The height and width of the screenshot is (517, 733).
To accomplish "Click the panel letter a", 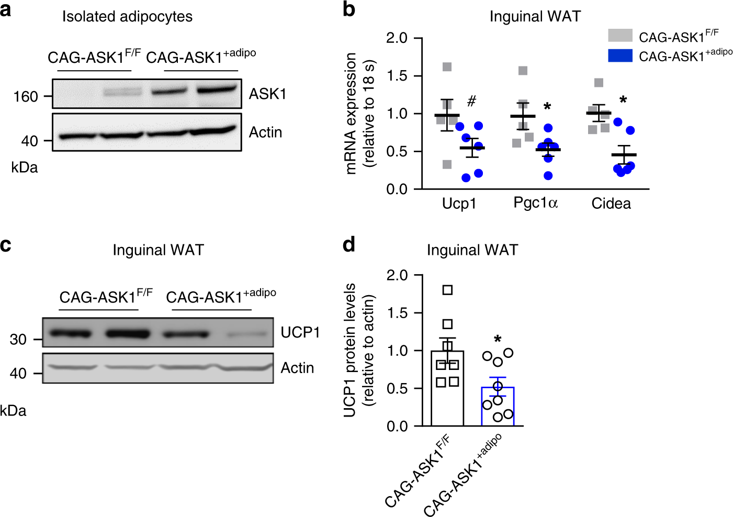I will (6, 10).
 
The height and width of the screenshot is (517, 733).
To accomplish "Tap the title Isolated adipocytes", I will (127, 17).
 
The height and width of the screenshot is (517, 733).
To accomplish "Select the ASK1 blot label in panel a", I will (267, 94).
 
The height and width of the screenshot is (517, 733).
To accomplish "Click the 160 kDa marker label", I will (26, 97).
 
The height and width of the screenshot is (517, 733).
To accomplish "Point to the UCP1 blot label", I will (300, 332).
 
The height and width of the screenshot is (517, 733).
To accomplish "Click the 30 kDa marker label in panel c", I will (18, 340).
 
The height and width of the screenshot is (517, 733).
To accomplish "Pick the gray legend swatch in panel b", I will (620, 36).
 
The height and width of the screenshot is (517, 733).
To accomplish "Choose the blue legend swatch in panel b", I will (620, 55).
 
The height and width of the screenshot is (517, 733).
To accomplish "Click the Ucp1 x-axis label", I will (459, 204).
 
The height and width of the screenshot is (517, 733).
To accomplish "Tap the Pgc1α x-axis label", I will (535, 203).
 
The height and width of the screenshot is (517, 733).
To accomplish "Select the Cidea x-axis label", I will (611, 204).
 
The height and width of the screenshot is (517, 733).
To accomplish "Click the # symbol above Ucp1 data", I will (471, 101).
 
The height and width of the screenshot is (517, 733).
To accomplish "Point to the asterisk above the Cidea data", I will (623, 100).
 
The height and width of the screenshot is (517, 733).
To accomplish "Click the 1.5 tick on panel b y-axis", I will (397, 76).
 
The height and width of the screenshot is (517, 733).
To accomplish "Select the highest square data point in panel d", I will (447, 290).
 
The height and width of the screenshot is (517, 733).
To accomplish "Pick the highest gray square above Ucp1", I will (447, 67).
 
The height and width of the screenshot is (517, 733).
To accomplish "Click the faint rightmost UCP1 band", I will (245, 333).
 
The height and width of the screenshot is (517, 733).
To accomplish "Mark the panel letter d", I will (349, 244).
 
